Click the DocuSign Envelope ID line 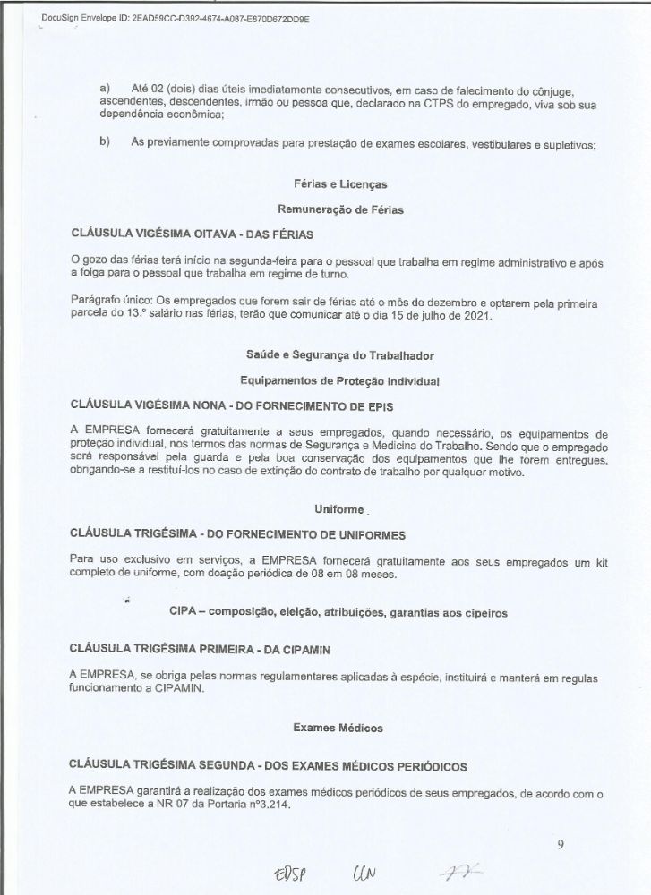[176, 18]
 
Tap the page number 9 [560, 841]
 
